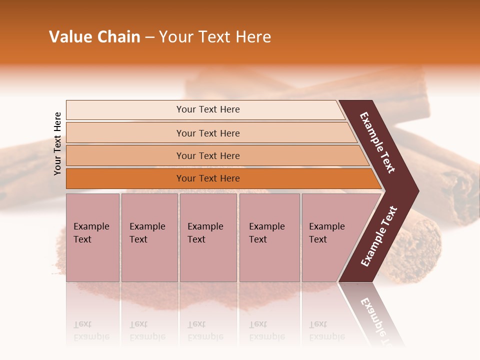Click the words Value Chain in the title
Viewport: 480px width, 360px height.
[94, 37]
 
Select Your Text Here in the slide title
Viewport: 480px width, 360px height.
[215, 37]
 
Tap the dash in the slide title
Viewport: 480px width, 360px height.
[149, 37]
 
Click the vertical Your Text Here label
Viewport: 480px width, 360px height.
[57, 143]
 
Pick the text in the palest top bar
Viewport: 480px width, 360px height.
[208, 109]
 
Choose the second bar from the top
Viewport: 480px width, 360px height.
[208, 133]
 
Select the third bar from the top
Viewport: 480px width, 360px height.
[208, 155]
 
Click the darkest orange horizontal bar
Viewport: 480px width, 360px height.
[208, 178]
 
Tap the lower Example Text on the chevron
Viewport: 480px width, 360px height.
[379, 236]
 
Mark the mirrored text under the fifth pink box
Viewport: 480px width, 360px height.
[326, 330]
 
